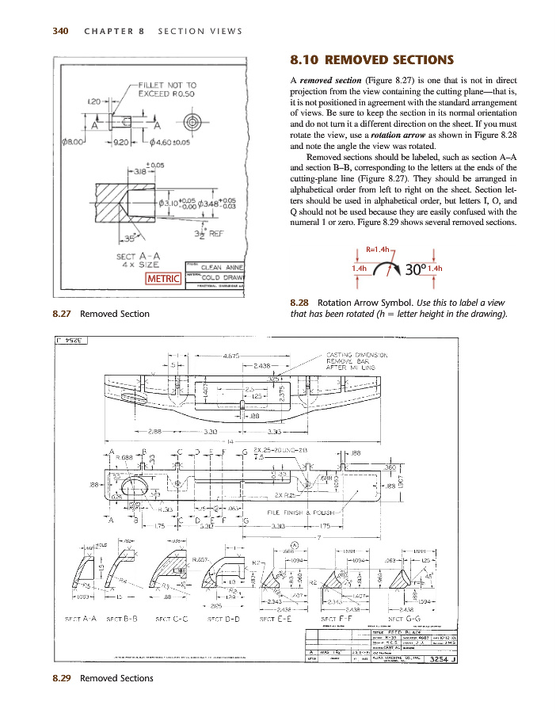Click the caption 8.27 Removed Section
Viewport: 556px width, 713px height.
(x=101, y=314)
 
